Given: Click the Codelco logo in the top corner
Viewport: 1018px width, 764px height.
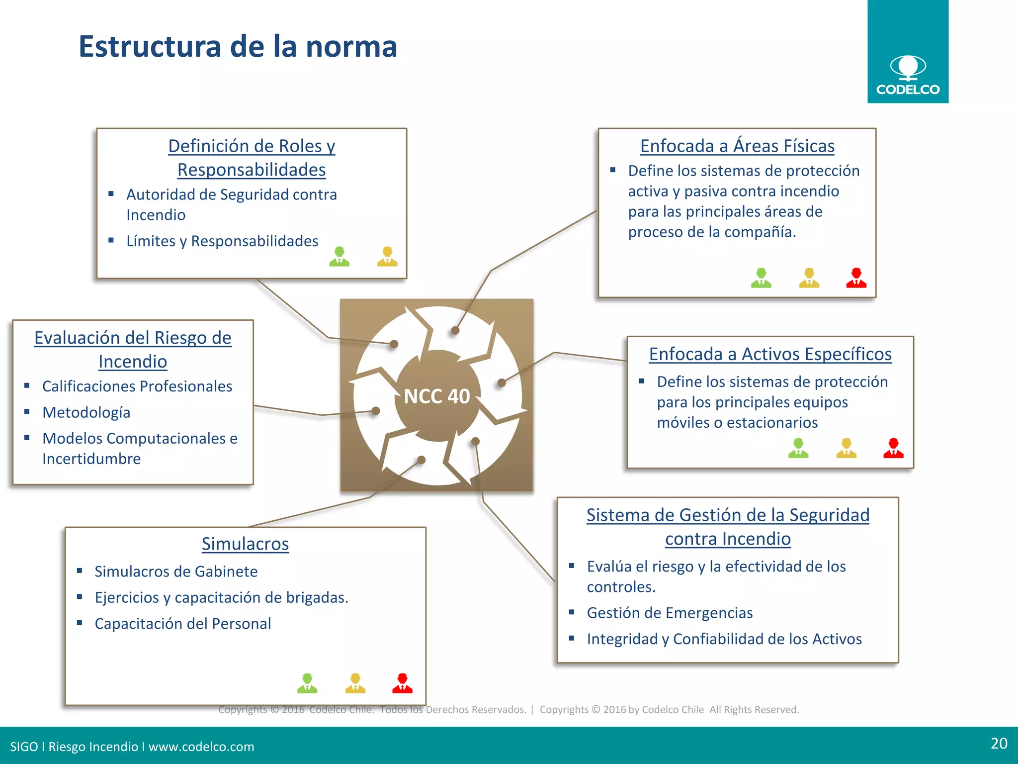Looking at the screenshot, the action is click(x=908, y=75).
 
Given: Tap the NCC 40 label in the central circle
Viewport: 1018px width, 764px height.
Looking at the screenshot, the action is click(x=436, y=396).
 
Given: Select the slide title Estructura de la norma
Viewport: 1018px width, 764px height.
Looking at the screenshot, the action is click(x=238, y=46).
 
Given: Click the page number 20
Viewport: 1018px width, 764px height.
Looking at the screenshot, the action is click(x=999, y=743).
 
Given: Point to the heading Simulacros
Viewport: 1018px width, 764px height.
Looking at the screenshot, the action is click(x=245, y=544).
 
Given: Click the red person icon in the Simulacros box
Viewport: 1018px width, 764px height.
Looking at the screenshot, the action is click(x=402, y=683).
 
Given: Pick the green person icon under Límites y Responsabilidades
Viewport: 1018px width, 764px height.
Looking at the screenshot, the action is click(x=339, y=257).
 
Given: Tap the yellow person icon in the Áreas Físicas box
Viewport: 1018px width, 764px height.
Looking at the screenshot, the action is click(x=809, y=278).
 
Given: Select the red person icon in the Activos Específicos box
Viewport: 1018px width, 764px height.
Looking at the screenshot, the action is click(x=893, y=448).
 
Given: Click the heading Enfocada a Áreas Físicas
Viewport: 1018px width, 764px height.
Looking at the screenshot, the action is click(x=737, y=146).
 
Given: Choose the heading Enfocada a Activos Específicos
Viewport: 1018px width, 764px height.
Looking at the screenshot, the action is click(x=770, y=354).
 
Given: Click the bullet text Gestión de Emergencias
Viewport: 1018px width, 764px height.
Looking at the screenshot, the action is click(x=670, y=613).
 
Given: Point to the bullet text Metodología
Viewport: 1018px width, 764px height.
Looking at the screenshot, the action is click(x=86, y=412).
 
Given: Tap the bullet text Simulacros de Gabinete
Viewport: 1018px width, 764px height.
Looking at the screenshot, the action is click(x=176, y=572).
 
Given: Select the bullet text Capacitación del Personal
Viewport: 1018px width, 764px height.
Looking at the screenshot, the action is click(x=183, y=624).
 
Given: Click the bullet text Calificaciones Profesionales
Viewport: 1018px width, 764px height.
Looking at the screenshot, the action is click(x=137, y=386).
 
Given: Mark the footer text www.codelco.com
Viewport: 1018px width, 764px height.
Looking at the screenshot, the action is click(x=201, y=747).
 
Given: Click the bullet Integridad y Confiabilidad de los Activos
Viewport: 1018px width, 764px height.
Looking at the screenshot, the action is click(x=724, y=639).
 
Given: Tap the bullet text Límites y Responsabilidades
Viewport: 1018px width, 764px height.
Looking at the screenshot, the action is click(x=222, y=241).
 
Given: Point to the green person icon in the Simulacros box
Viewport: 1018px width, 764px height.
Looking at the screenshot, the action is click(x=307, y=683).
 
